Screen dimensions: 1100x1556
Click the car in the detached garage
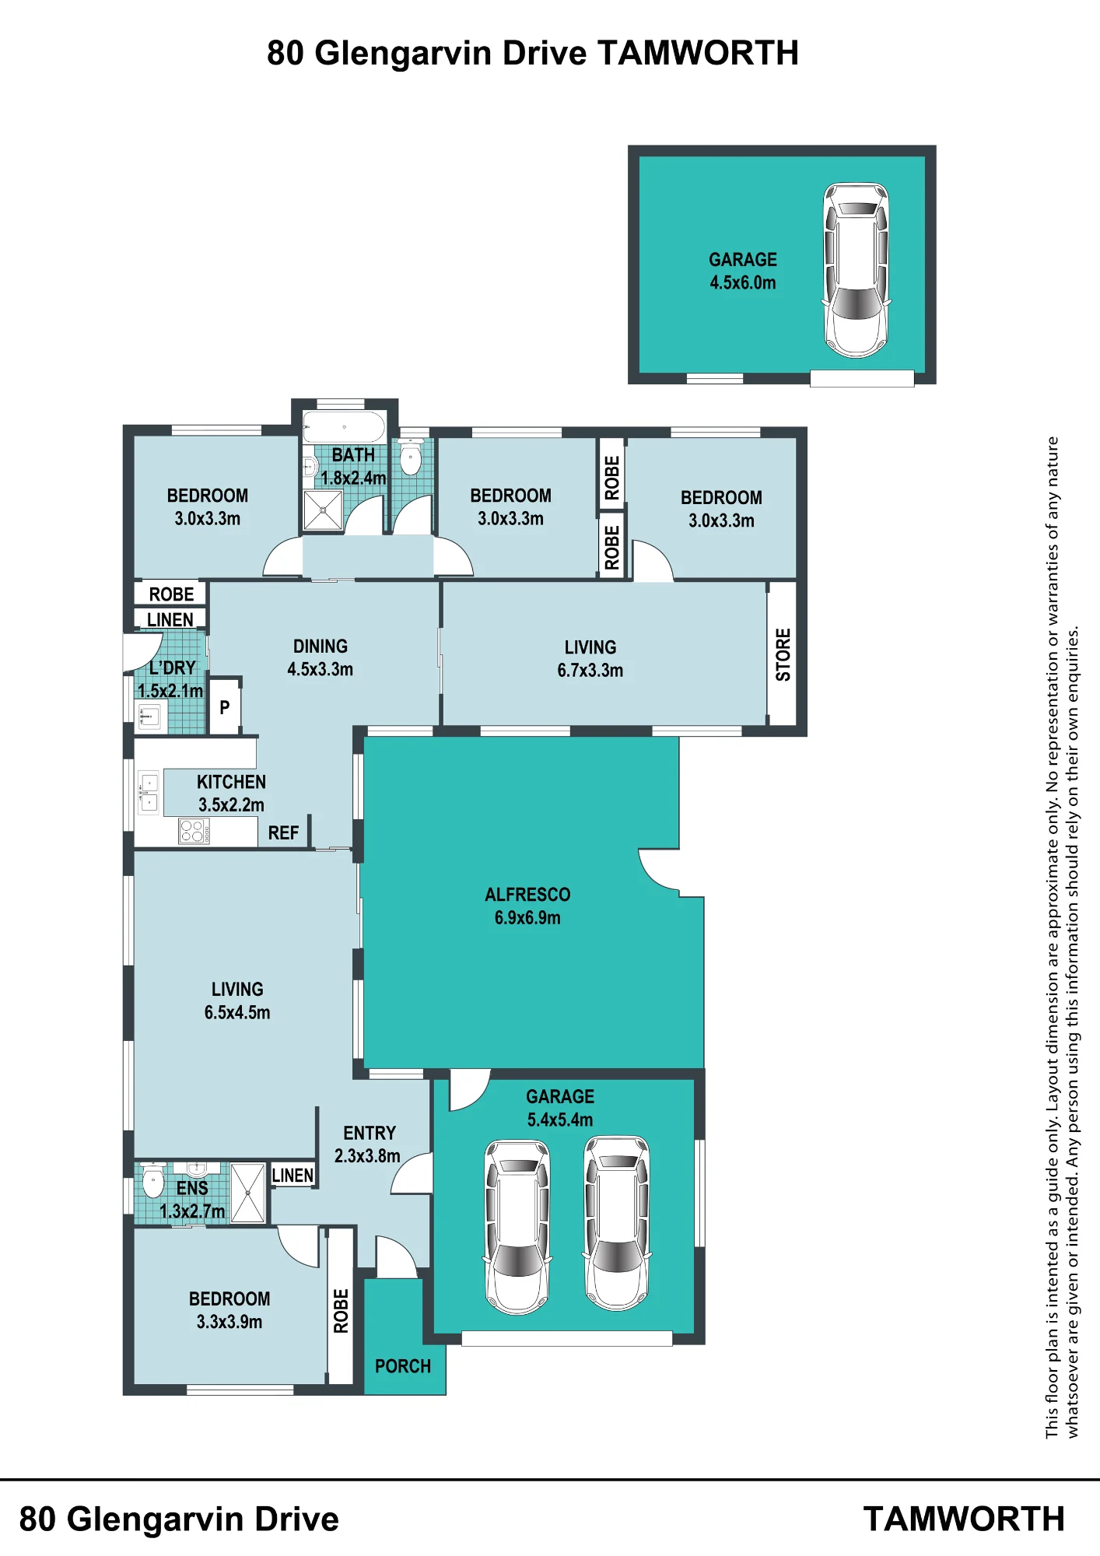pos(856,270)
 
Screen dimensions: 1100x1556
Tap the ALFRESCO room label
pos(527,895)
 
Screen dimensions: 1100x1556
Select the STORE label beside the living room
pos(783,654)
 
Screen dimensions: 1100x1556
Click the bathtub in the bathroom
pos(344,427)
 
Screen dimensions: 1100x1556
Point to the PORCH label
pos(403,1366)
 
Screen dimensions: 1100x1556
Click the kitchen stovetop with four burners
pos(194,831)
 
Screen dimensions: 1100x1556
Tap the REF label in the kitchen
pos(283,833)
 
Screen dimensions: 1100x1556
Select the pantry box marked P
pos(225,707)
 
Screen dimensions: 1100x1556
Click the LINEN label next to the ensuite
pos(293,1176)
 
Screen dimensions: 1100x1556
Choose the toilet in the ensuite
pos(153,1182)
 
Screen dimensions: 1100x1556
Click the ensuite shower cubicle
pos(248,1193)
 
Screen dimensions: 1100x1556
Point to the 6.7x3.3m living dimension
pos(590,671)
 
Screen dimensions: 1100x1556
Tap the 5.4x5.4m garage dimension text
pos(560,1120)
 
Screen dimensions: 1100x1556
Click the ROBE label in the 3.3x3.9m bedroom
pos(341,1311)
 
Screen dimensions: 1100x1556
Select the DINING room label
pos(321,647)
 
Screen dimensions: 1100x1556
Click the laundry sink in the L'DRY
pos(149,716)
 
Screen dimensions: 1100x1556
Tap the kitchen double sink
pos(149,793)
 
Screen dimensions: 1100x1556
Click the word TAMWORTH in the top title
pos(698,54)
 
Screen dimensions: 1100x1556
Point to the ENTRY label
pos(370,1133)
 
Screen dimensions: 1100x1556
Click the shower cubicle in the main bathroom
pos(323,510)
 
